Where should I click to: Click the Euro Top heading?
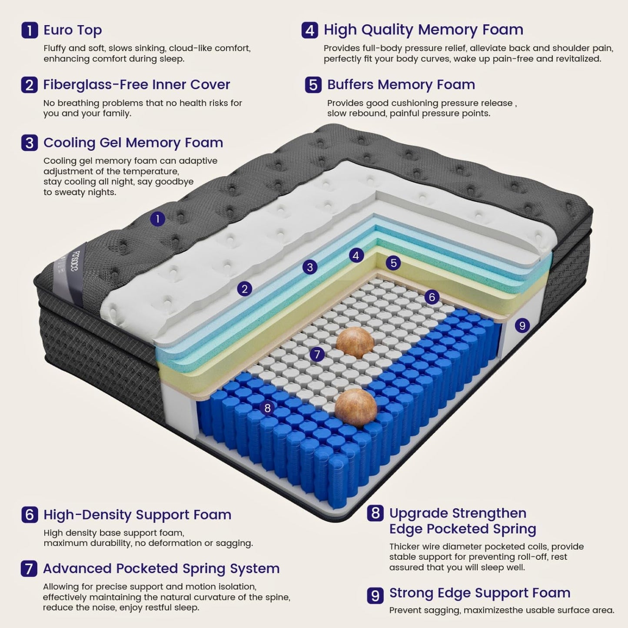[x=73, y=30]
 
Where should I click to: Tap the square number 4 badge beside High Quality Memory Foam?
[x=309, y=30]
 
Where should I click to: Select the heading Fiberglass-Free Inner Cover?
[x=136, y=85]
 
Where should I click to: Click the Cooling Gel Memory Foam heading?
[x=133, y=143]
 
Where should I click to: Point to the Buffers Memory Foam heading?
[x=401, y=85]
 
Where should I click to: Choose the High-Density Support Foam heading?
[x=137, y=515]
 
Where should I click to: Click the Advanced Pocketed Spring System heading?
[x=161, y=568]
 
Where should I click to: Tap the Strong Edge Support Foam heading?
[x=479, y=593]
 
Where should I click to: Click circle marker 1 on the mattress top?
[x=158, y=219]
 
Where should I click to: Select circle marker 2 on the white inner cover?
[x=245, y=289]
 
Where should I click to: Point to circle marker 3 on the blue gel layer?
[x=310, y=267]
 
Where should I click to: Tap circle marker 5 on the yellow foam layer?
[x=393, y=262]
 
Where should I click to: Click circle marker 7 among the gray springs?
[x=317, y=354]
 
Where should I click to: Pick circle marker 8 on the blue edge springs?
[x=267, y=408]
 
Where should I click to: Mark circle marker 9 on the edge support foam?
[x=522, y=325]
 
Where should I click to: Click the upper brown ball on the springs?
[x=355, y=342]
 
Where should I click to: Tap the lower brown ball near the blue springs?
[x=356, y=408]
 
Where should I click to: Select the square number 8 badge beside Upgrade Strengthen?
[x=375, y=513]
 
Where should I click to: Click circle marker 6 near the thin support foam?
[x=432, y=297]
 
